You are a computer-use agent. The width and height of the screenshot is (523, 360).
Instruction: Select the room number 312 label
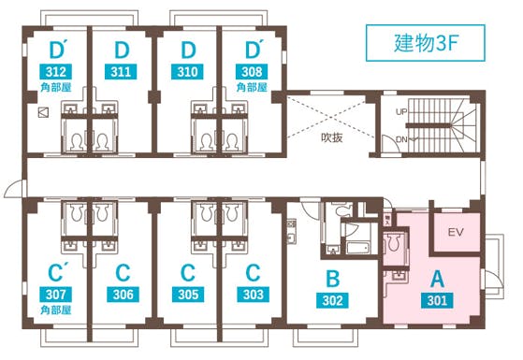coord(55,70)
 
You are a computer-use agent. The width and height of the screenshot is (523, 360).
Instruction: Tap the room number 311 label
coord(121,70)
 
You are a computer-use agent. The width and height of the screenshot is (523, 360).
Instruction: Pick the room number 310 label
coord(187,70)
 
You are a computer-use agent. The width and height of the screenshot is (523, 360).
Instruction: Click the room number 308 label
coord(252,70)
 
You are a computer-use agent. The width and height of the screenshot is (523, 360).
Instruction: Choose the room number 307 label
coord(55,295)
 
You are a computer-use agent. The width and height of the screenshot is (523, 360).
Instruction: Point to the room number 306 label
coord(121,295)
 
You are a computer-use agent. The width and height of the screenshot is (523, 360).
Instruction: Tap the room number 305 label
coord(187,295)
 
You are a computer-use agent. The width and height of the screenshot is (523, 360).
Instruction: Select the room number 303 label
coord(252,295)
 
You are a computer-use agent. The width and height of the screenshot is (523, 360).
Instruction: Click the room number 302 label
coord(330,301)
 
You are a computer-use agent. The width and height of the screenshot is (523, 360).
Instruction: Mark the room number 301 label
coord(435,301)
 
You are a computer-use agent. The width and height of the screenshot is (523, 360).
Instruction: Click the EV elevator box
coord(457,232)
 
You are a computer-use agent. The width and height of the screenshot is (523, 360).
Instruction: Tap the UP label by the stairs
coord(400,111)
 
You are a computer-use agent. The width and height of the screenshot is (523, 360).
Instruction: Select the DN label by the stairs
coord(400,139)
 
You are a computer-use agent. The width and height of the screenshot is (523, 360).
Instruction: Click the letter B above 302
coord(330,278)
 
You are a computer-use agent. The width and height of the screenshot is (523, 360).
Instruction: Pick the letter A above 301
coord(435,278)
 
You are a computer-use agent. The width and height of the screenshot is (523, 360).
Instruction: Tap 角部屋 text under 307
coord(55,311)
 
